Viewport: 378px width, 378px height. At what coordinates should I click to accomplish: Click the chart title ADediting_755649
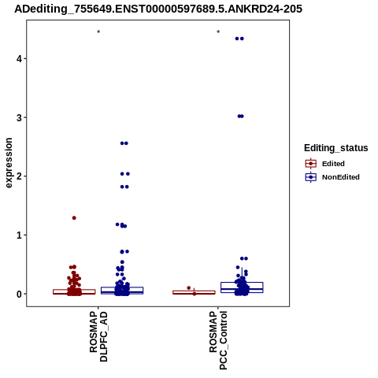coord(158,9)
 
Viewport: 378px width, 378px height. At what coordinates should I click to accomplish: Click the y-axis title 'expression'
coord(9,163)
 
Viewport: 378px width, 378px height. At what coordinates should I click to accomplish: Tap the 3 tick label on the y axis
coord(19,117)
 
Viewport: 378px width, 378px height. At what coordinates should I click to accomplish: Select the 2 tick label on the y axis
coord(19,176)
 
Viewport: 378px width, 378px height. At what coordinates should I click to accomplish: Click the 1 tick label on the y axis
coord(19,235)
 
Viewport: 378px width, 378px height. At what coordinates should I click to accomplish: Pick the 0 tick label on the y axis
coord(19,294)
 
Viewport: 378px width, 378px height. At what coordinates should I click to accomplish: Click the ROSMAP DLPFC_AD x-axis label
coord(98,336)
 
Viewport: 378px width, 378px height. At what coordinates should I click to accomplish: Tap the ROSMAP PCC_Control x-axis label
coord(218,340)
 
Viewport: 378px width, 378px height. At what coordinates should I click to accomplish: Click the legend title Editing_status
coord(336,148)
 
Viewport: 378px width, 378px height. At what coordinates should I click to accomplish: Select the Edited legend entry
coord(325,164)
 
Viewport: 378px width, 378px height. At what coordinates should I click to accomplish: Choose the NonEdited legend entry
coord(332,177)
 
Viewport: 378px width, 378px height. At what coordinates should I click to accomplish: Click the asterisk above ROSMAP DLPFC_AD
coord(98,32)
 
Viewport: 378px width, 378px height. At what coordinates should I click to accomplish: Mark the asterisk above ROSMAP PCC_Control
coord(218,32)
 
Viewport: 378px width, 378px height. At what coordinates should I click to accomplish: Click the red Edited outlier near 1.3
coord(74,218)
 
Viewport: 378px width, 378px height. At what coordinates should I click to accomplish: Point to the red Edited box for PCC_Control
coord(194,292)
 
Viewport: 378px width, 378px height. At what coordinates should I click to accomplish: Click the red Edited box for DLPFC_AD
coord(74,291)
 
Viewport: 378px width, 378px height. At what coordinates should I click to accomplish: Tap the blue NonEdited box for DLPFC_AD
coord(122,291)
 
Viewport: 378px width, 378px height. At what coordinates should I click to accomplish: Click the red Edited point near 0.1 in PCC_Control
coord(188,288)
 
